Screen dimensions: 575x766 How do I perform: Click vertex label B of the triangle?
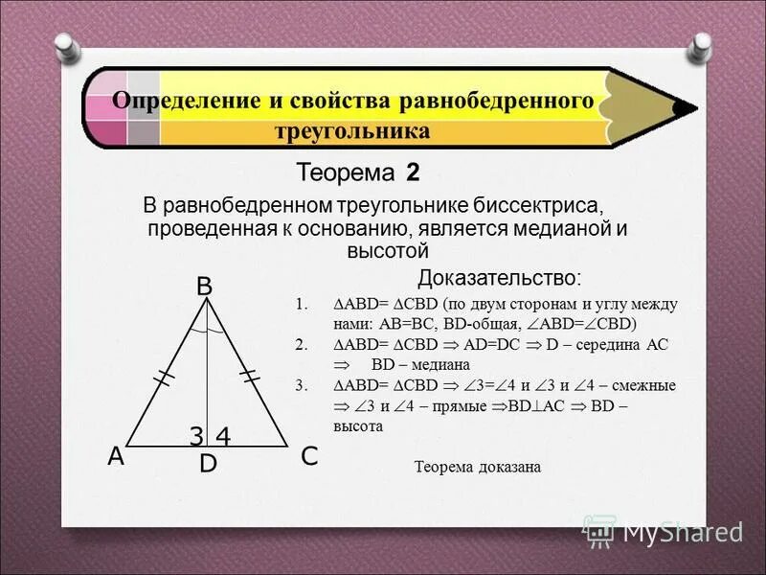pyautogui.click(x=204, y=286)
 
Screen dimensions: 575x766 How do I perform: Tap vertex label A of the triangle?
pyautogui.click(x=116, y=458)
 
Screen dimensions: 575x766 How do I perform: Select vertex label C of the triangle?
pyautogui.click(x=308, y=458)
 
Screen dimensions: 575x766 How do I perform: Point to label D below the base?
pyautogui.click(x=208, y=465)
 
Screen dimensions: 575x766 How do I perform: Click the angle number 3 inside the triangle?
pyautogui.click(x=195, y=436)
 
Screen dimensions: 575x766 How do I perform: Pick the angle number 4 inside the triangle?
pyautogui.click(x=223, y=436)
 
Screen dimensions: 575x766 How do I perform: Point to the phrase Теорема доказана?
pyautogui.click(x=477, y=468)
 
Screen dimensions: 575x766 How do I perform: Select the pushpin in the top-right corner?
pyautogui.click(x=703, y=44)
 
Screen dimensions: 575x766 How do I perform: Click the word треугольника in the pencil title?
pyautogui.click(x=352, y=130)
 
